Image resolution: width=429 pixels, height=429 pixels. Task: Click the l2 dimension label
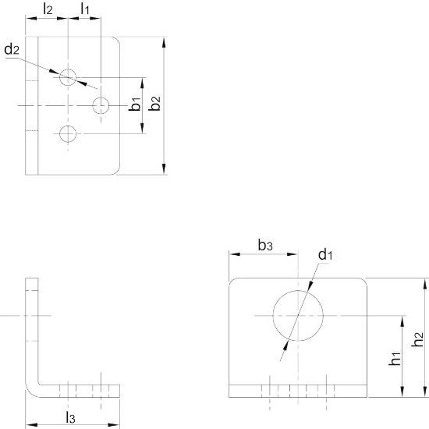[48, 10]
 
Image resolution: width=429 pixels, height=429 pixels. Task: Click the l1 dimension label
[85, 10]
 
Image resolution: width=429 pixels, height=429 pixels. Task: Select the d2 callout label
[11, 50]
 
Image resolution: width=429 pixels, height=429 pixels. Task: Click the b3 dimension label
[266, 245]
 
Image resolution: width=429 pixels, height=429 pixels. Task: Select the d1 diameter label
[325, 254]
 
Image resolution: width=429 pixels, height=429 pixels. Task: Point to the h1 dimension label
[395, 358]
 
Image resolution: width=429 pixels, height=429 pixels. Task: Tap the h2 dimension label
[419, 340]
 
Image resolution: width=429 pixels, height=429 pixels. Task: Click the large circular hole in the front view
[297, 316]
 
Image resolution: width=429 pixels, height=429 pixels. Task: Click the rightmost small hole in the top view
[101, 105]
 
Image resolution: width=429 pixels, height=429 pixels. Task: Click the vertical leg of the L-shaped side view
[31, 328]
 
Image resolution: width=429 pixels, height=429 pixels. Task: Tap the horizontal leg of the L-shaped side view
[78, 389]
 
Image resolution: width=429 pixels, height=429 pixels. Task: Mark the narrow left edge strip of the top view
[32, 105]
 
